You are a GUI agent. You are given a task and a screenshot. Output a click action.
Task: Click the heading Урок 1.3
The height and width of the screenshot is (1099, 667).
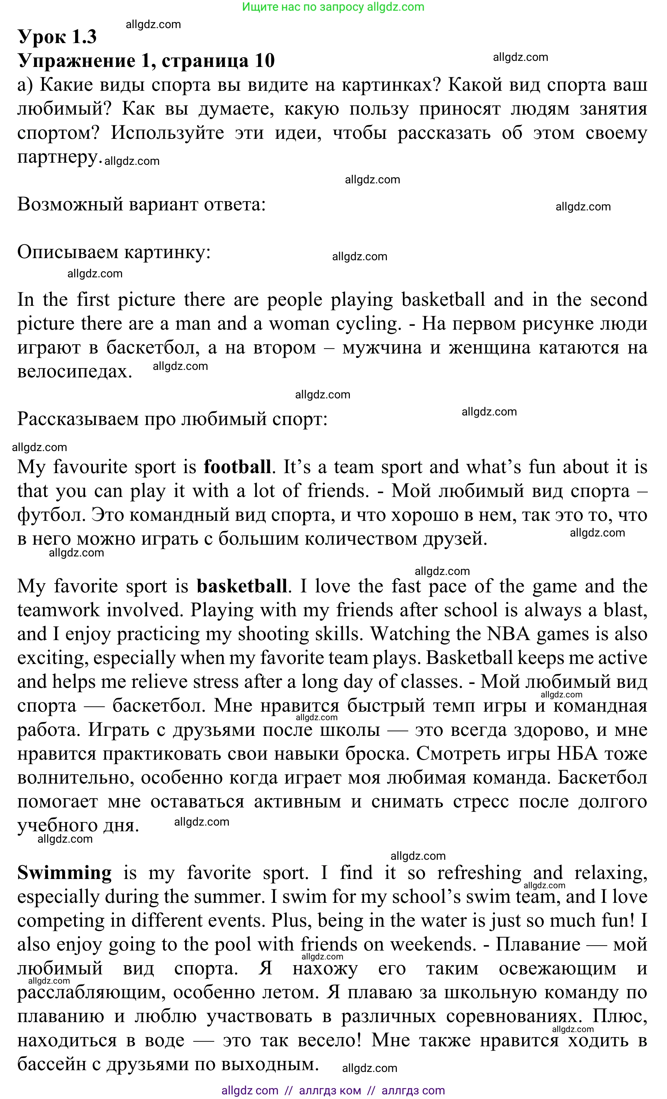click(57, 37)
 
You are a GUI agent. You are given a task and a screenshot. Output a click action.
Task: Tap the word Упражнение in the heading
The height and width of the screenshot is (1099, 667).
click(76, 61)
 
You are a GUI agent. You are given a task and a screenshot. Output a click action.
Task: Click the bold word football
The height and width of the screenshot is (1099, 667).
click(237, 467)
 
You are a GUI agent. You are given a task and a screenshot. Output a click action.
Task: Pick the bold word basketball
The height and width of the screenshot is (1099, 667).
click(242, 586)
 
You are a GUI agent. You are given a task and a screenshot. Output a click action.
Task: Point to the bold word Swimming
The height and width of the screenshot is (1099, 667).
click(64, 873)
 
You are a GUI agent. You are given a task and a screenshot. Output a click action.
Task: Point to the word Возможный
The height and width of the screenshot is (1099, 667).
click(70, 205)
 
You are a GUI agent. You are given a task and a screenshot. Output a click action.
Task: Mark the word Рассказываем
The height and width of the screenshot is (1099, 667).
click(78, 419)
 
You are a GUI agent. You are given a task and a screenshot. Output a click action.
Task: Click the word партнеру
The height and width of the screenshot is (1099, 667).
click(57, 157)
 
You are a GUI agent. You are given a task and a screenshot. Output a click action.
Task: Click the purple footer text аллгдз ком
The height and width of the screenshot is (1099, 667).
click(330, 1090)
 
